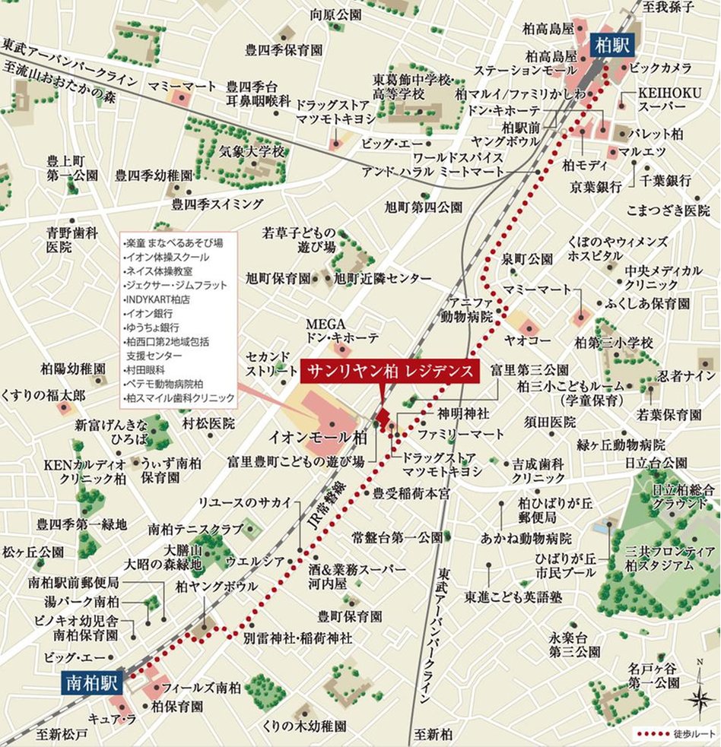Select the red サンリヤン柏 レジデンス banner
coord(391,372)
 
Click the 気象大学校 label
coord(251,152)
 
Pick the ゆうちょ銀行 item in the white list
coord(151,328)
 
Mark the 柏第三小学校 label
coord(614,343)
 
